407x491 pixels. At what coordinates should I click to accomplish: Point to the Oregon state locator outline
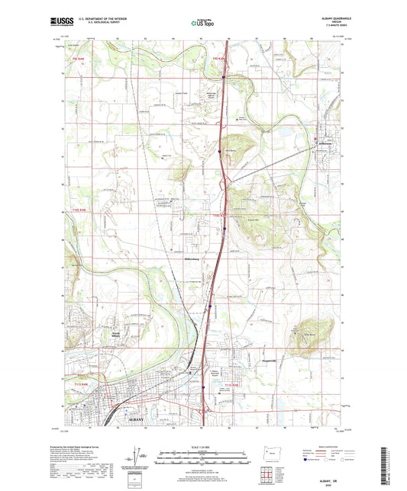[x=267, y=450]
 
